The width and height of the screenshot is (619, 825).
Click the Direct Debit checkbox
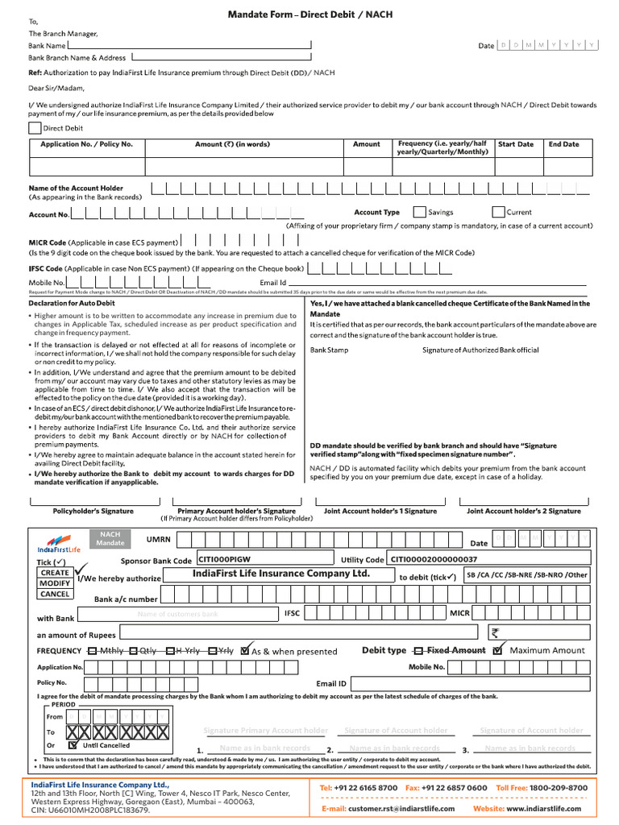35,127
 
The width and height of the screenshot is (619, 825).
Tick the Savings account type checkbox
419,213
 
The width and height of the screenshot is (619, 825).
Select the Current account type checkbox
498,213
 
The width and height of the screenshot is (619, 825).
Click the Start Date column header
515,144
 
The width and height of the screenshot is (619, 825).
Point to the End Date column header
563,144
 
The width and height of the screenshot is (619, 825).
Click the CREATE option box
55,573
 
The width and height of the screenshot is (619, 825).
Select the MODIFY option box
55,583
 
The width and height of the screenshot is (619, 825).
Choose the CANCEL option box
55,595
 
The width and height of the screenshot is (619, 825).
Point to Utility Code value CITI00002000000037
434,559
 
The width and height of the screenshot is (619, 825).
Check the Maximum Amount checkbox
498,650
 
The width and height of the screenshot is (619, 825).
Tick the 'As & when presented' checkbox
245,650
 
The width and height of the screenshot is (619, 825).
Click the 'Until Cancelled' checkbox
73,745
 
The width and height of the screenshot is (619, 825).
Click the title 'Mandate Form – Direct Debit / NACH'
310,15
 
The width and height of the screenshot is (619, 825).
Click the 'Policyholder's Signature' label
93,511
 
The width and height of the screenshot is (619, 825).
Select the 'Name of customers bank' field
177,614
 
